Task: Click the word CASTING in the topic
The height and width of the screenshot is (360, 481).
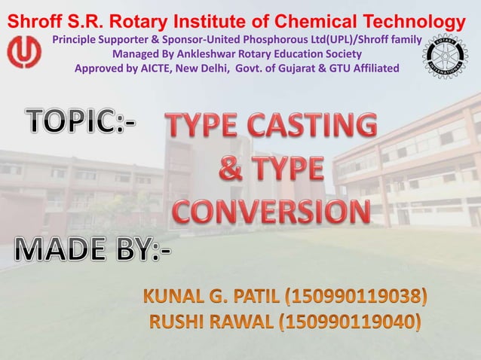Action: click(313, 125)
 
